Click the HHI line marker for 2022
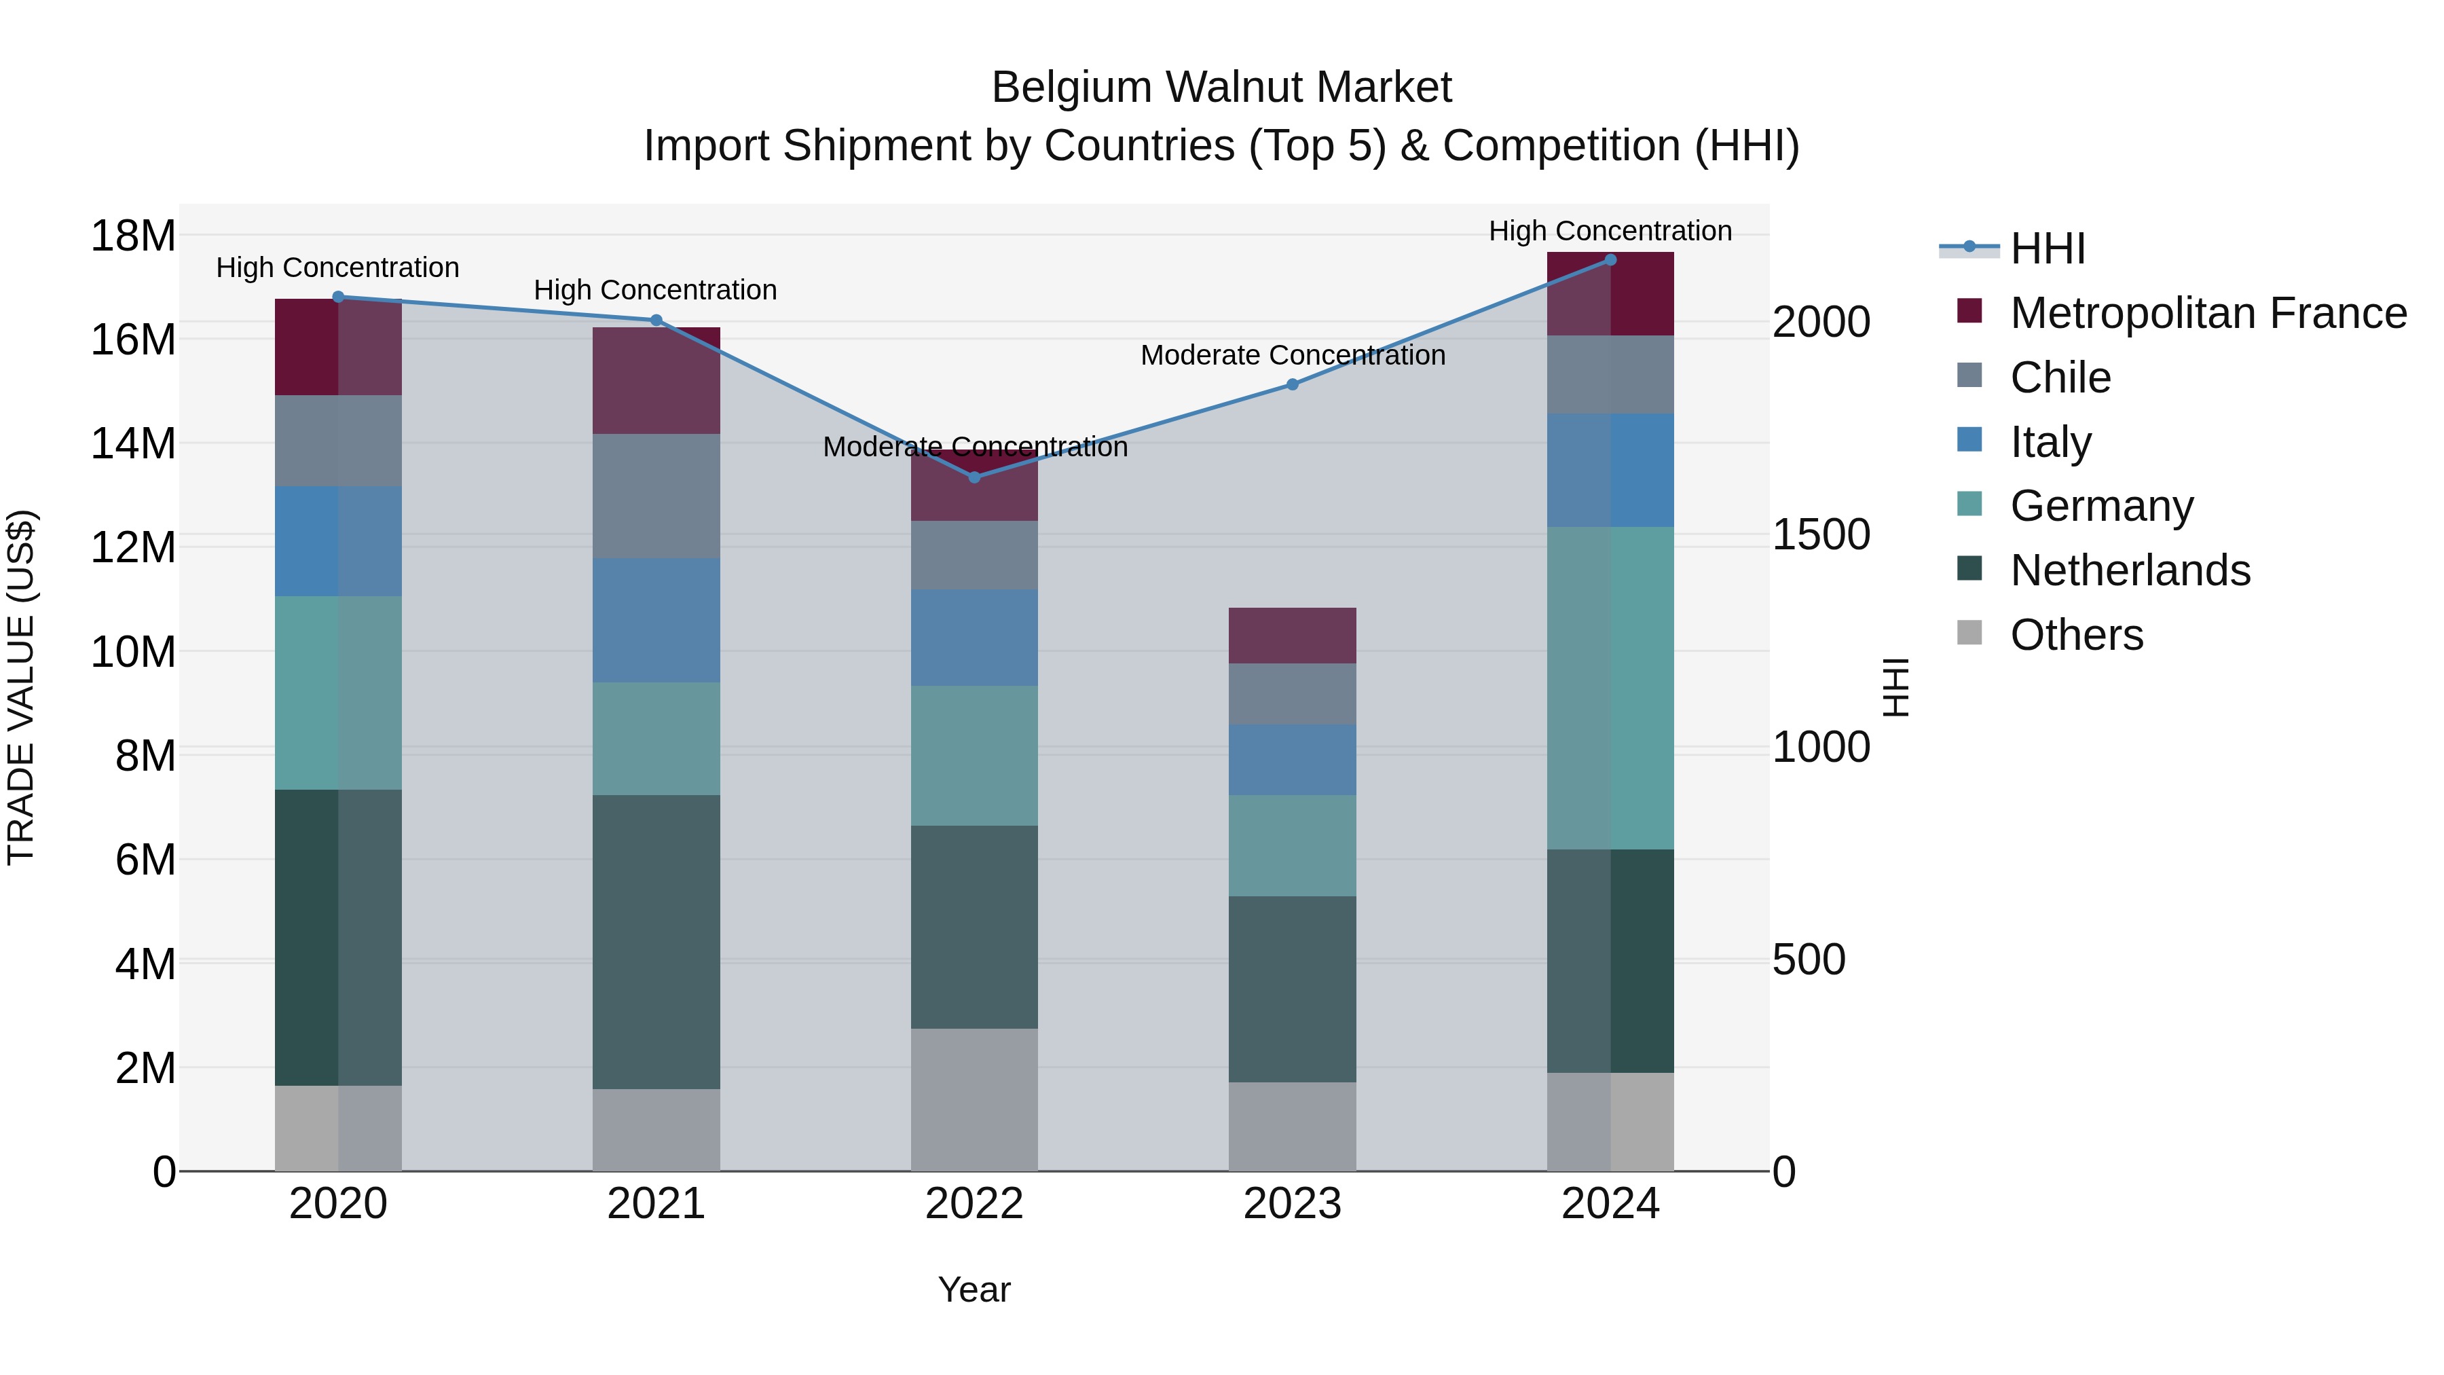974,477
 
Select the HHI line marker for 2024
1610,260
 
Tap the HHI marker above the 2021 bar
656,320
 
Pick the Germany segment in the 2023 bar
1292,845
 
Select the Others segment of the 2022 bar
974,1100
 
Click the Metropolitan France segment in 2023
1292,635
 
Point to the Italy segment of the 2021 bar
656,620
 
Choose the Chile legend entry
2060,378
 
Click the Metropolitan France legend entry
2208,313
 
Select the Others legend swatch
1969,633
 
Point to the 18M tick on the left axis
133,236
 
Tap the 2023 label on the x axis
1292,1204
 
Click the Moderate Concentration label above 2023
1292,355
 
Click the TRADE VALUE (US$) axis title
21,687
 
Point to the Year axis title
974,1289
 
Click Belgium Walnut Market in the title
1221,88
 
